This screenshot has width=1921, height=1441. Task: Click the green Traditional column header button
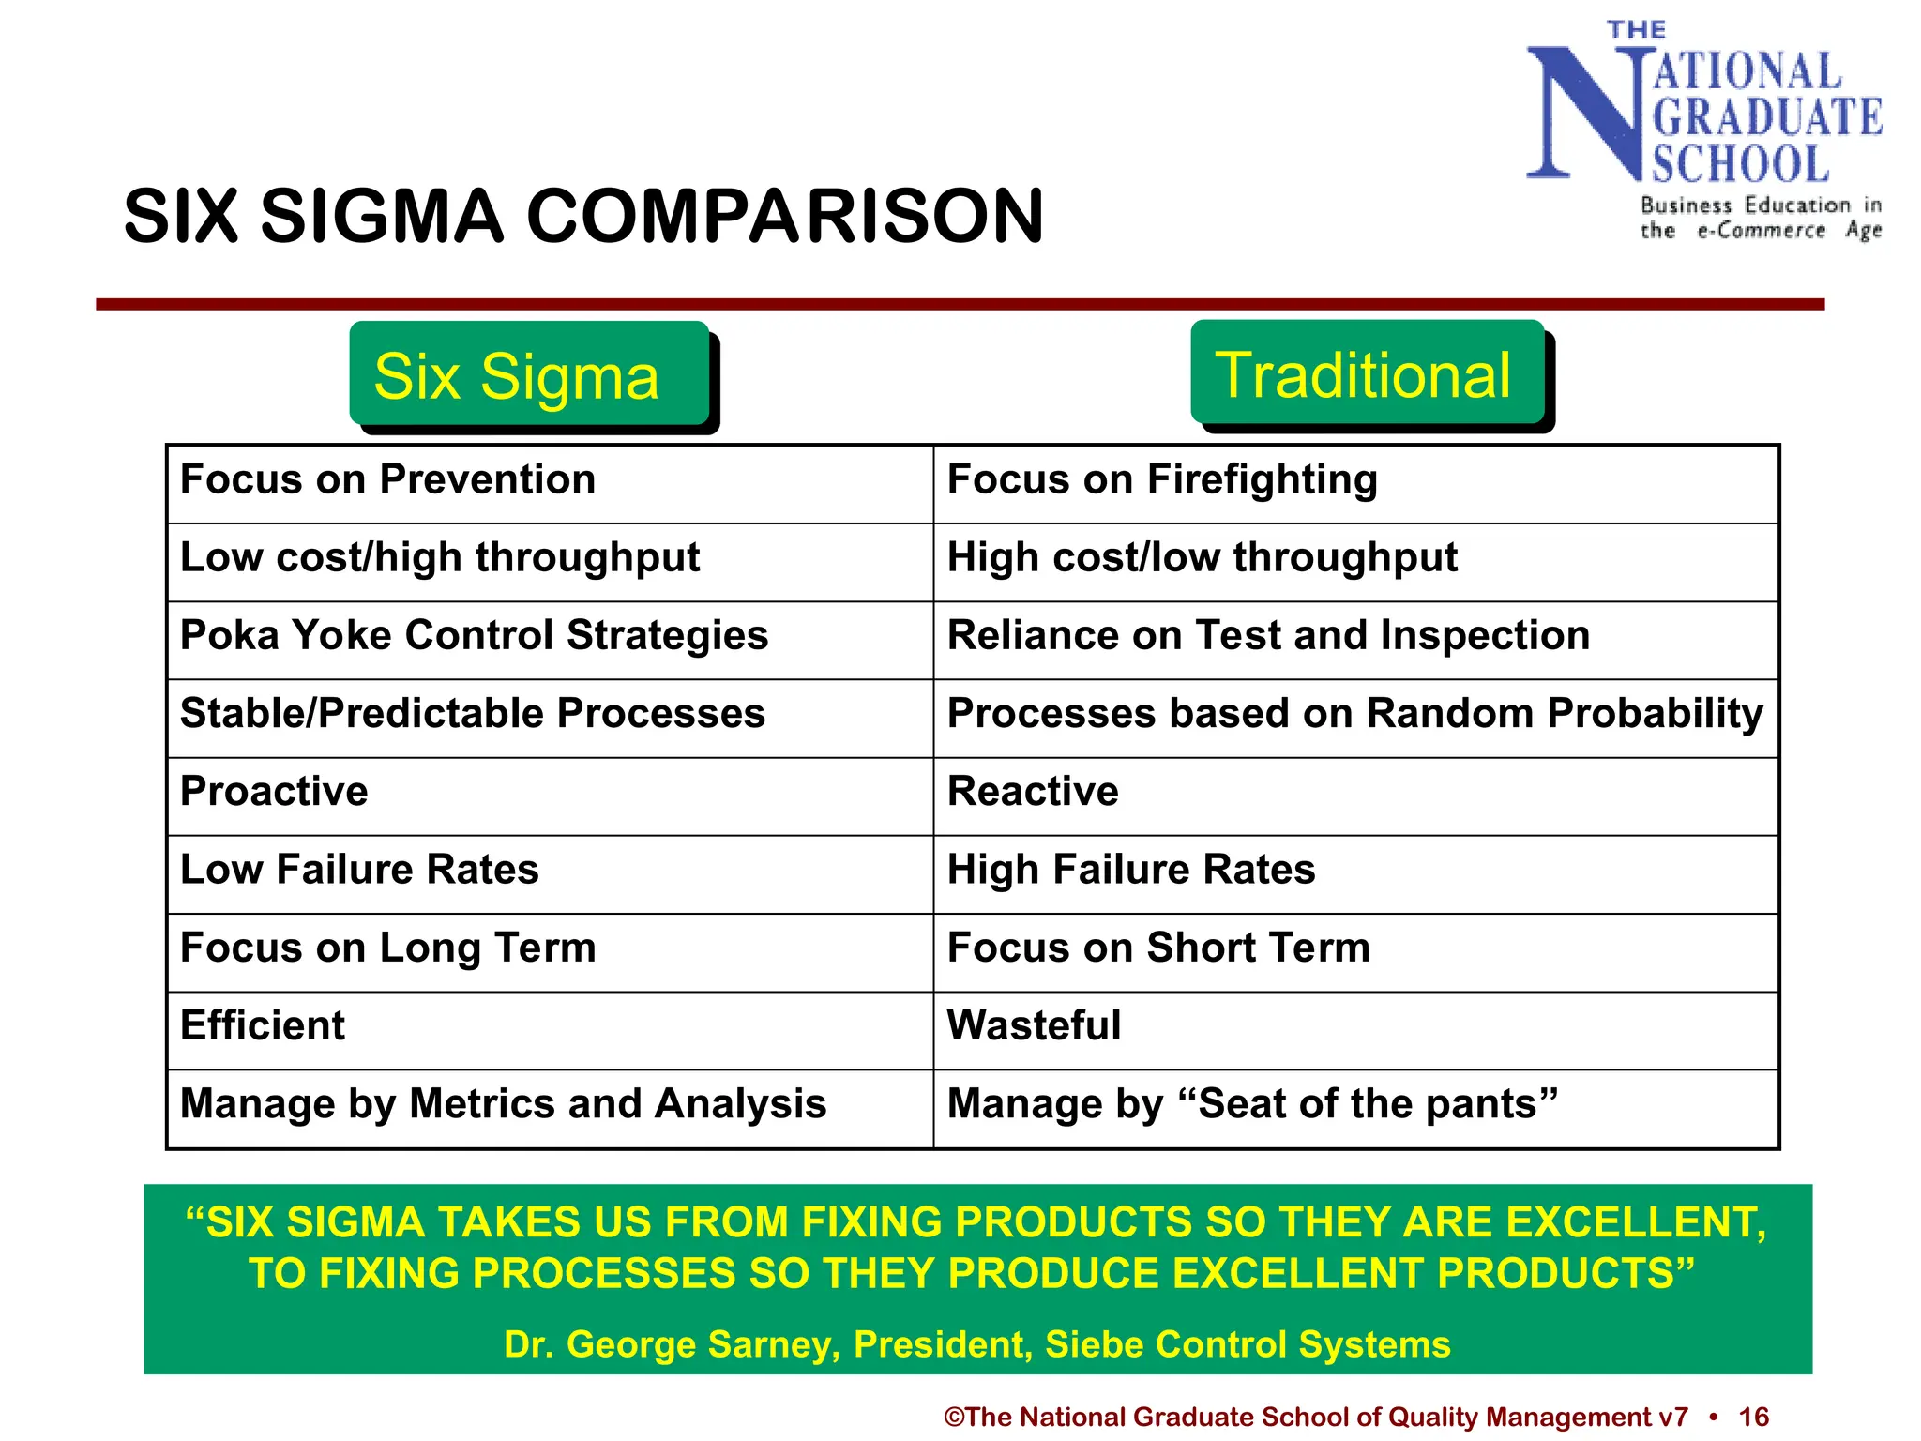(1367, 372)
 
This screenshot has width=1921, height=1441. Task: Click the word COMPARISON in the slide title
(785, 217)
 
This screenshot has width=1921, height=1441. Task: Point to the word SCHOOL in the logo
(1740, 165)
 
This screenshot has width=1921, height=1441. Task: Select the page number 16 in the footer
(1753, 1417)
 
